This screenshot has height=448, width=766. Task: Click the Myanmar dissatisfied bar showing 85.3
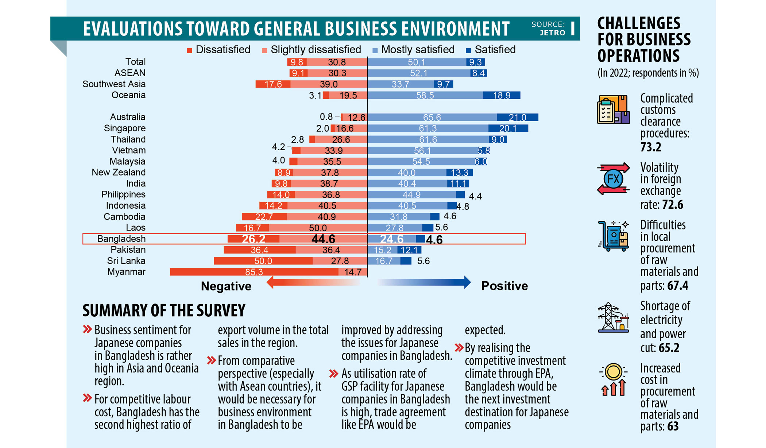(x=254, y=272)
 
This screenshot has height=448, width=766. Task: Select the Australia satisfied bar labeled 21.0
(x=517, y=117)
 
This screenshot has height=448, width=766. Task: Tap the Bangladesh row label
(x=121, y=239)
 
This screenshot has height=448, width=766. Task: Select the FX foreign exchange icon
(x=614, y=179)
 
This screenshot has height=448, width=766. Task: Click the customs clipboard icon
(x=613, y=109)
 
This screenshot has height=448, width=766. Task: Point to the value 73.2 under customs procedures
(x=651, y=147)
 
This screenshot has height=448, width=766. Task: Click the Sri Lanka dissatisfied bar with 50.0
(x=263, y=261)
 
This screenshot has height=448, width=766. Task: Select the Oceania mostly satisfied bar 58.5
(x=425, y=95)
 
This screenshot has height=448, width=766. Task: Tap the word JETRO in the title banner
(x=552, y=32)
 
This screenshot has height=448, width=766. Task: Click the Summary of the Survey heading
(x=164, y=310)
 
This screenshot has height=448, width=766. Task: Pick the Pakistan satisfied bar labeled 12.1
(x=409, y=250)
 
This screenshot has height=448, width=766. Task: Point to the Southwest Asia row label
(x=114, y=84)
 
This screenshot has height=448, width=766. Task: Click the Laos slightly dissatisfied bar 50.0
(x=318, y=228)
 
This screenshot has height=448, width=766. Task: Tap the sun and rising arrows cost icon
(x=613, y=379)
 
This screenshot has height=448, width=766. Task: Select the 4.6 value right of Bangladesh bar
(x=434, y=240)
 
